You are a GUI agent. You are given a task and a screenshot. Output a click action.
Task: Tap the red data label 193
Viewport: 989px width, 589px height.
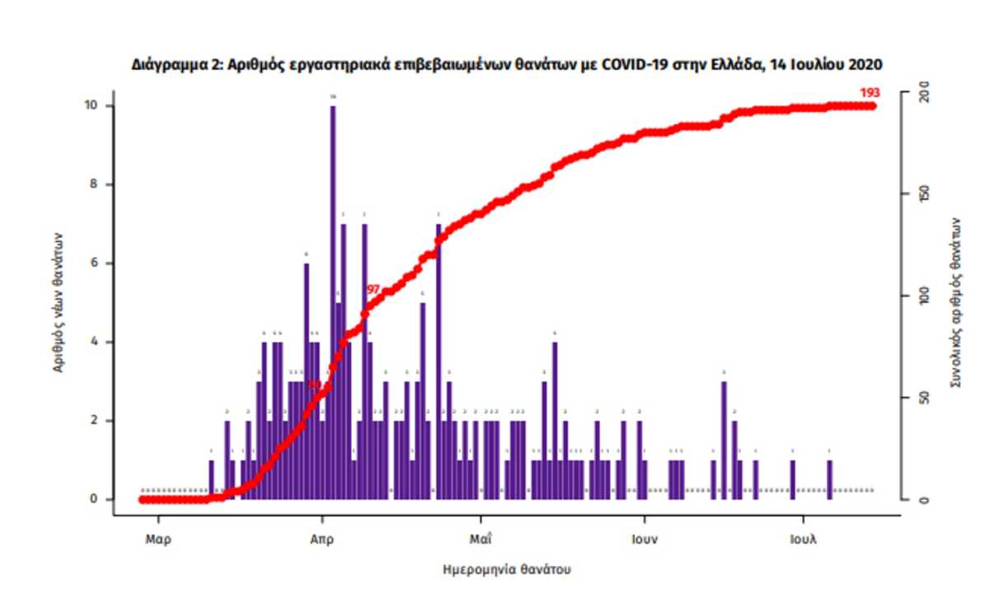(x=869, y=93)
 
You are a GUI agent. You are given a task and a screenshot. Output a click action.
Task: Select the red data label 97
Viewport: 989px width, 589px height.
(x=373, y=289)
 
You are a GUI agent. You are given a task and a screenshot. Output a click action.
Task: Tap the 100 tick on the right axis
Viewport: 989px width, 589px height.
(x=924, y=297)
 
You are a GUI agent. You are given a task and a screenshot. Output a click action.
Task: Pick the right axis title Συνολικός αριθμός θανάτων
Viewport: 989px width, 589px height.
(x=955, y=302)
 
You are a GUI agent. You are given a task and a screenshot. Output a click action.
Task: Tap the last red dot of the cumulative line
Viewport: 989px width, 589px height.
(x=873, y=105)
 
